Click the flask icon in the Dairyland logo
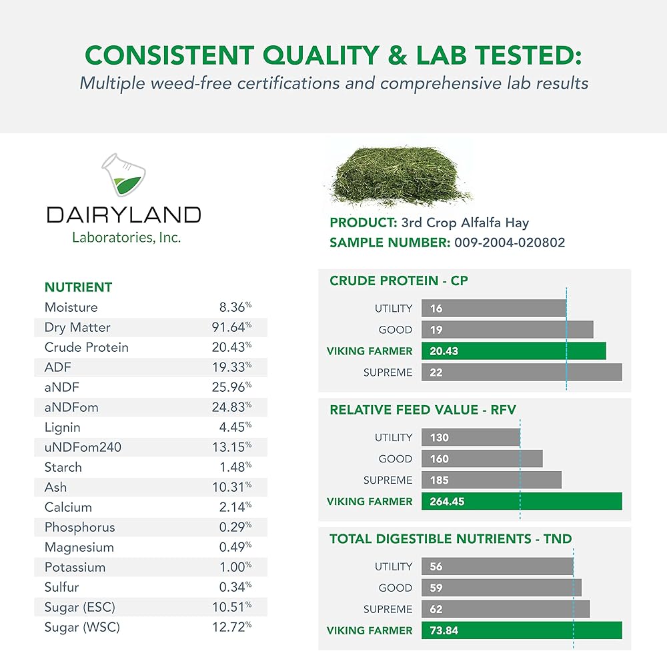point(123,175)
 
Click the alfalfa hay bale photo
point(399,177)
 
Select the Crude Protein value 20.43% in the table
point(232,347)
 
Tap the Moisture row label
point(71,307)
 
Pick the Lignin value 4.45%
point(235,427)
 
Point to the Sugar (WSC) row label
point(82,627)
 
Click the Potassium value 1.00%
point(235,567)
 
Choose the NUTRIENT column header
point(78,287)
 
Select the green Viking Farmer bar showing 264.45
point(522,501)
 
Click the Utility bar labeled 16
point(494,308)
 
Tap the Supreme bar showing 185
point(492,480)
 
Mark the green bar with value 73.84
point(522,630)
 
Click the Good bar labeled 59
point(501,588)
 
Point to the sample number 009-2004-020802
point(510,243)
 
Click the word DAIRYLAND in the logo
point(123,215)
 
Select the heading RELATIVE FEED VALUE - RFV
point(423,410)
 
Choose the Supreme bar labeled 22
point(522,372)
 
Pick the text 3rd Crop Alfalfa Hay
point(465,223)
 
